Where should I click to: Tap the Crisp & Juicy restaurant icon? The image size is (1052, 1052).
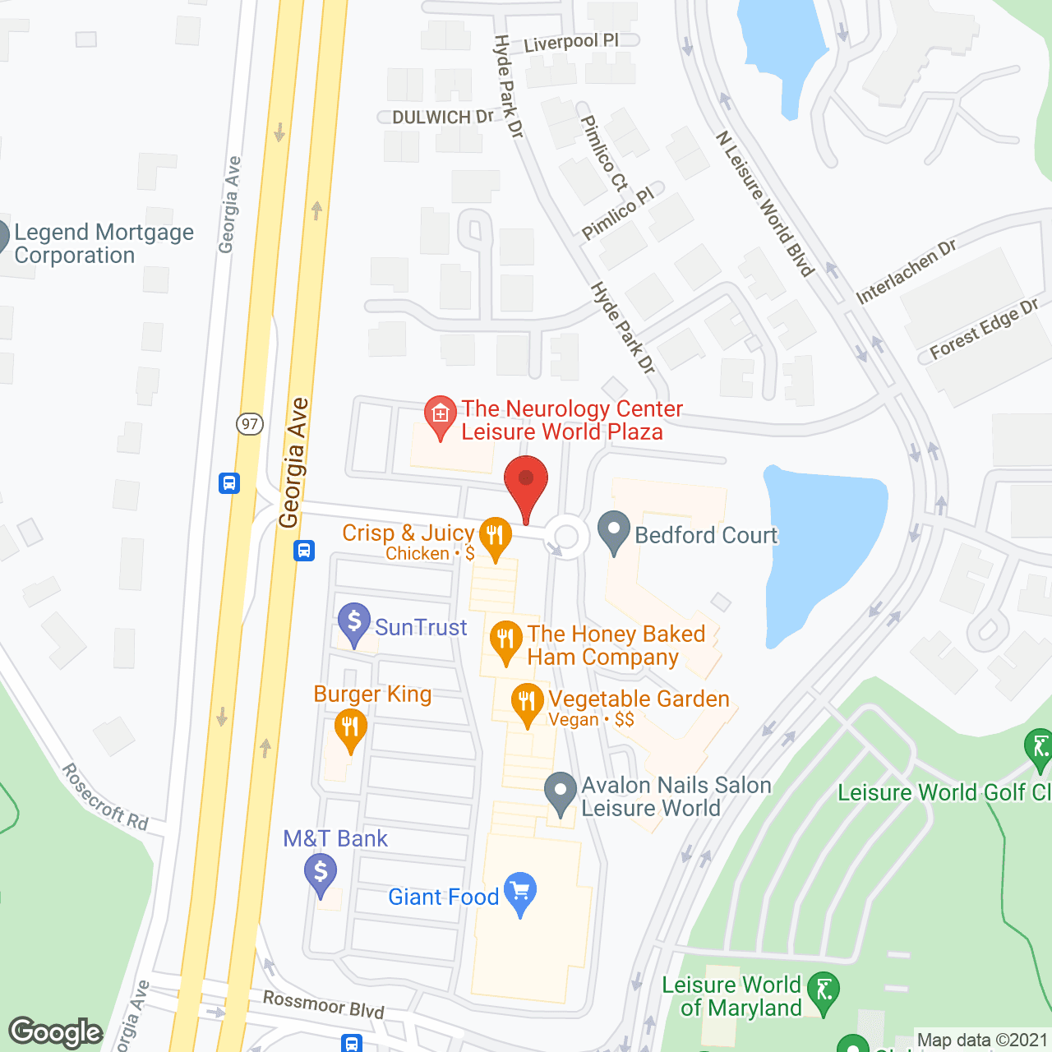(x=495, y=536)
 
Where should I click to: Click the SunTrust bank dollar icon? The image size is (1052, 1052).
(x=354, y=622)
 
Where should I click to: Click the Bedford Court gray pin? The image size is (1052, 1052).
(x=613, y=531)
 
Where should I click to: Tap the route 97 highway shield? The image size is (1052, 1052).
(x=250, y=424)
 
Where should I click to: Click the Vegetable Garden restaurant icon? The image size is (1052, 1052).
(x=527, y=703)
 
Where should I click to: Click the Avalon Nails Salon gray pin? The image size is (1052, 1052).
(x=561, y=792)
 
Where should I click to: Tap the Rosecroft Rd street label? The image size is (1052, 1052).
(x=105, y=796)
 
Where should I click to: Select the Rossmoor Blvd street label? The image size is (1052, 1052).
(x=323, y=1004)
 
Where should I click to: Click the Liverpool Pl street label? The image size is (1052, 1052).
(x=570, y=41)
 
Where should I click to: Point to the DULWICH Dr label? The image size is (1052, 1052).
(x=443, y=118)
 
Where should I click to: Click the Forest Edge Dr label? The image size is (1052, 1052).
(x=984, y=329)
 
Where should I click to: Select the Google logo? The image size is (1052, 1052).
(x=56, y=1032)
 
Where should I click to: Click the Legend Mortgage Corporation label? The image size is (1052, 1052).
(x=104, y=243)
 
